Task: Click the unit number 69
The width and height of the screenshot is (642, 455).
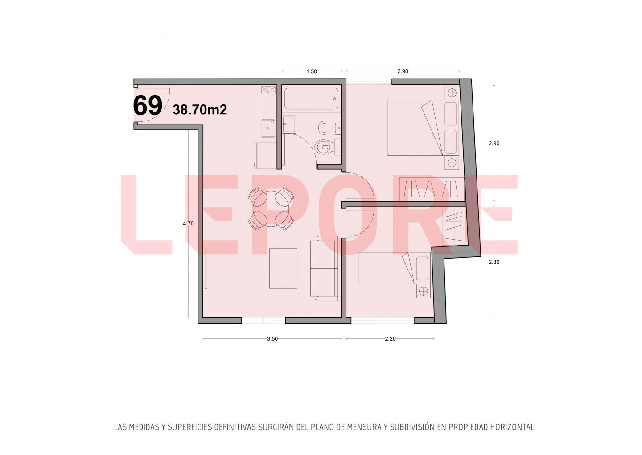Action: click(x=148, y=106)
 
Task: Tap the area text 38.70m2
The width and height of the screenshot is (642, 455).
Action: click(x=200, y=110)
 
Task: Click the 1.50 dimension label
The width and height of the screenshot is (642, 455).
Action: click(x=312, y=71)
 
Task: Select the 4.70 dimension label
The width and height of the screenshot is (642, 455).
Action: click(x=188, y=224)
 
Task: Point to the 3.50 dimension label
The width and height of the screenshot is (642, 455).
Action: click(x=272, y=339)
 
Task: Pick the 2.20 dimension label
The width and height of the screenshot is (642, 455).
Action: click(x=390, y=339)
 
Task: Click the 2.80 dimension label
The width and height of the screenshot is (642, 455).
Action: click(x=494, y=262)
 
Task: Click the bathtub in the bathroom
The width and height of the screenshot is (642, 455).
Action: click(x=311, y=99)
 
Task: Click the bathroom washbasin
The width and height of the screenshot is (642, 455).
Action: click(x=289, y=124)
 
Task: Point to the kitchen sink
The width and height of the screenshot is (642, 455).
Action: click(x=267, y=128)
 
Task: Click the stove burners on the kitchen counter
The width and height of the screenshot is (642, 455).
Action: click(x=268, y=90)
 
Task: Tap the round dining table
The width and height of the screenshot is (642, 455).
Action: click(x=271, y=209)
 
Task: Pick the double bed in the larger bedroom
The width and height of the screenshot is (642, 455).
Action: click(x=423, y=128)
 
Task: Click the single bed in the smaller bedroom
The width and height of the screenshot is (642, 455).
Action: click(x=395, y=268)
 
